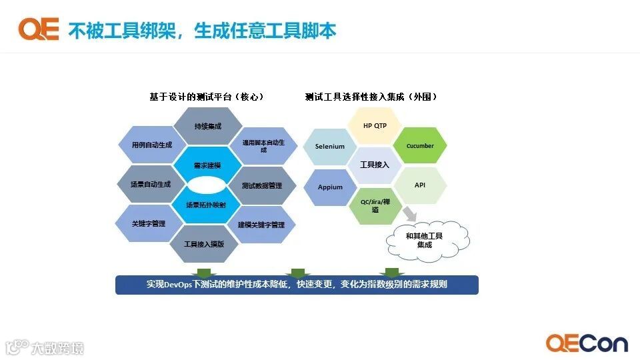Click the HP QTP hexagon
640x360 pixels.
[x=375, y=125]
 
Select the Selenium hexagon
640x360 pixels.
[x=330, y=146]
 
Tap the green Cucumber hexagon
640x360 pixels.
[x=420, y=145]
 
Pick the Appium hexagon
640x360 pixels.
[x=330, y=187]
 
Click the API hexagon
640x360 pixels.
[x=420, y=185]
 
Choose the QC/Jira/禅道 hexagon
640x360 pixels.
[x=375, y=206]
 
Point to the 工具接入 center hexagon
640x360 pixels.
[x=375, y=165]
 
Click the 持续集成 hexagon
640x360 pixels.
[x=207, y=125]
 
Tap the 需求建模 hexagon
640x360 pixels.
[x=207, y=165]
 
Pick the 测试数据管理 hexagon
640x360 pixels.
[x=261, y=185]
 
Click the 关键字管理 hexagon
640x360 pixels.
[x=149, y=224]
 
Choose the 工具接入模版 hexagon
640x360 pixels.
[x=204, y=243]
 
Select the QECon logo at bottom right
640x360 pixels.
[x=587, y=343]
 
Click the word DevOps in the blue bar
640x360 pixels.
[x=177, y=284]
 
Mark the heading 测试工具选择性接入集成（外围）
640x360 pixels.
[x=371, y=97]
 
